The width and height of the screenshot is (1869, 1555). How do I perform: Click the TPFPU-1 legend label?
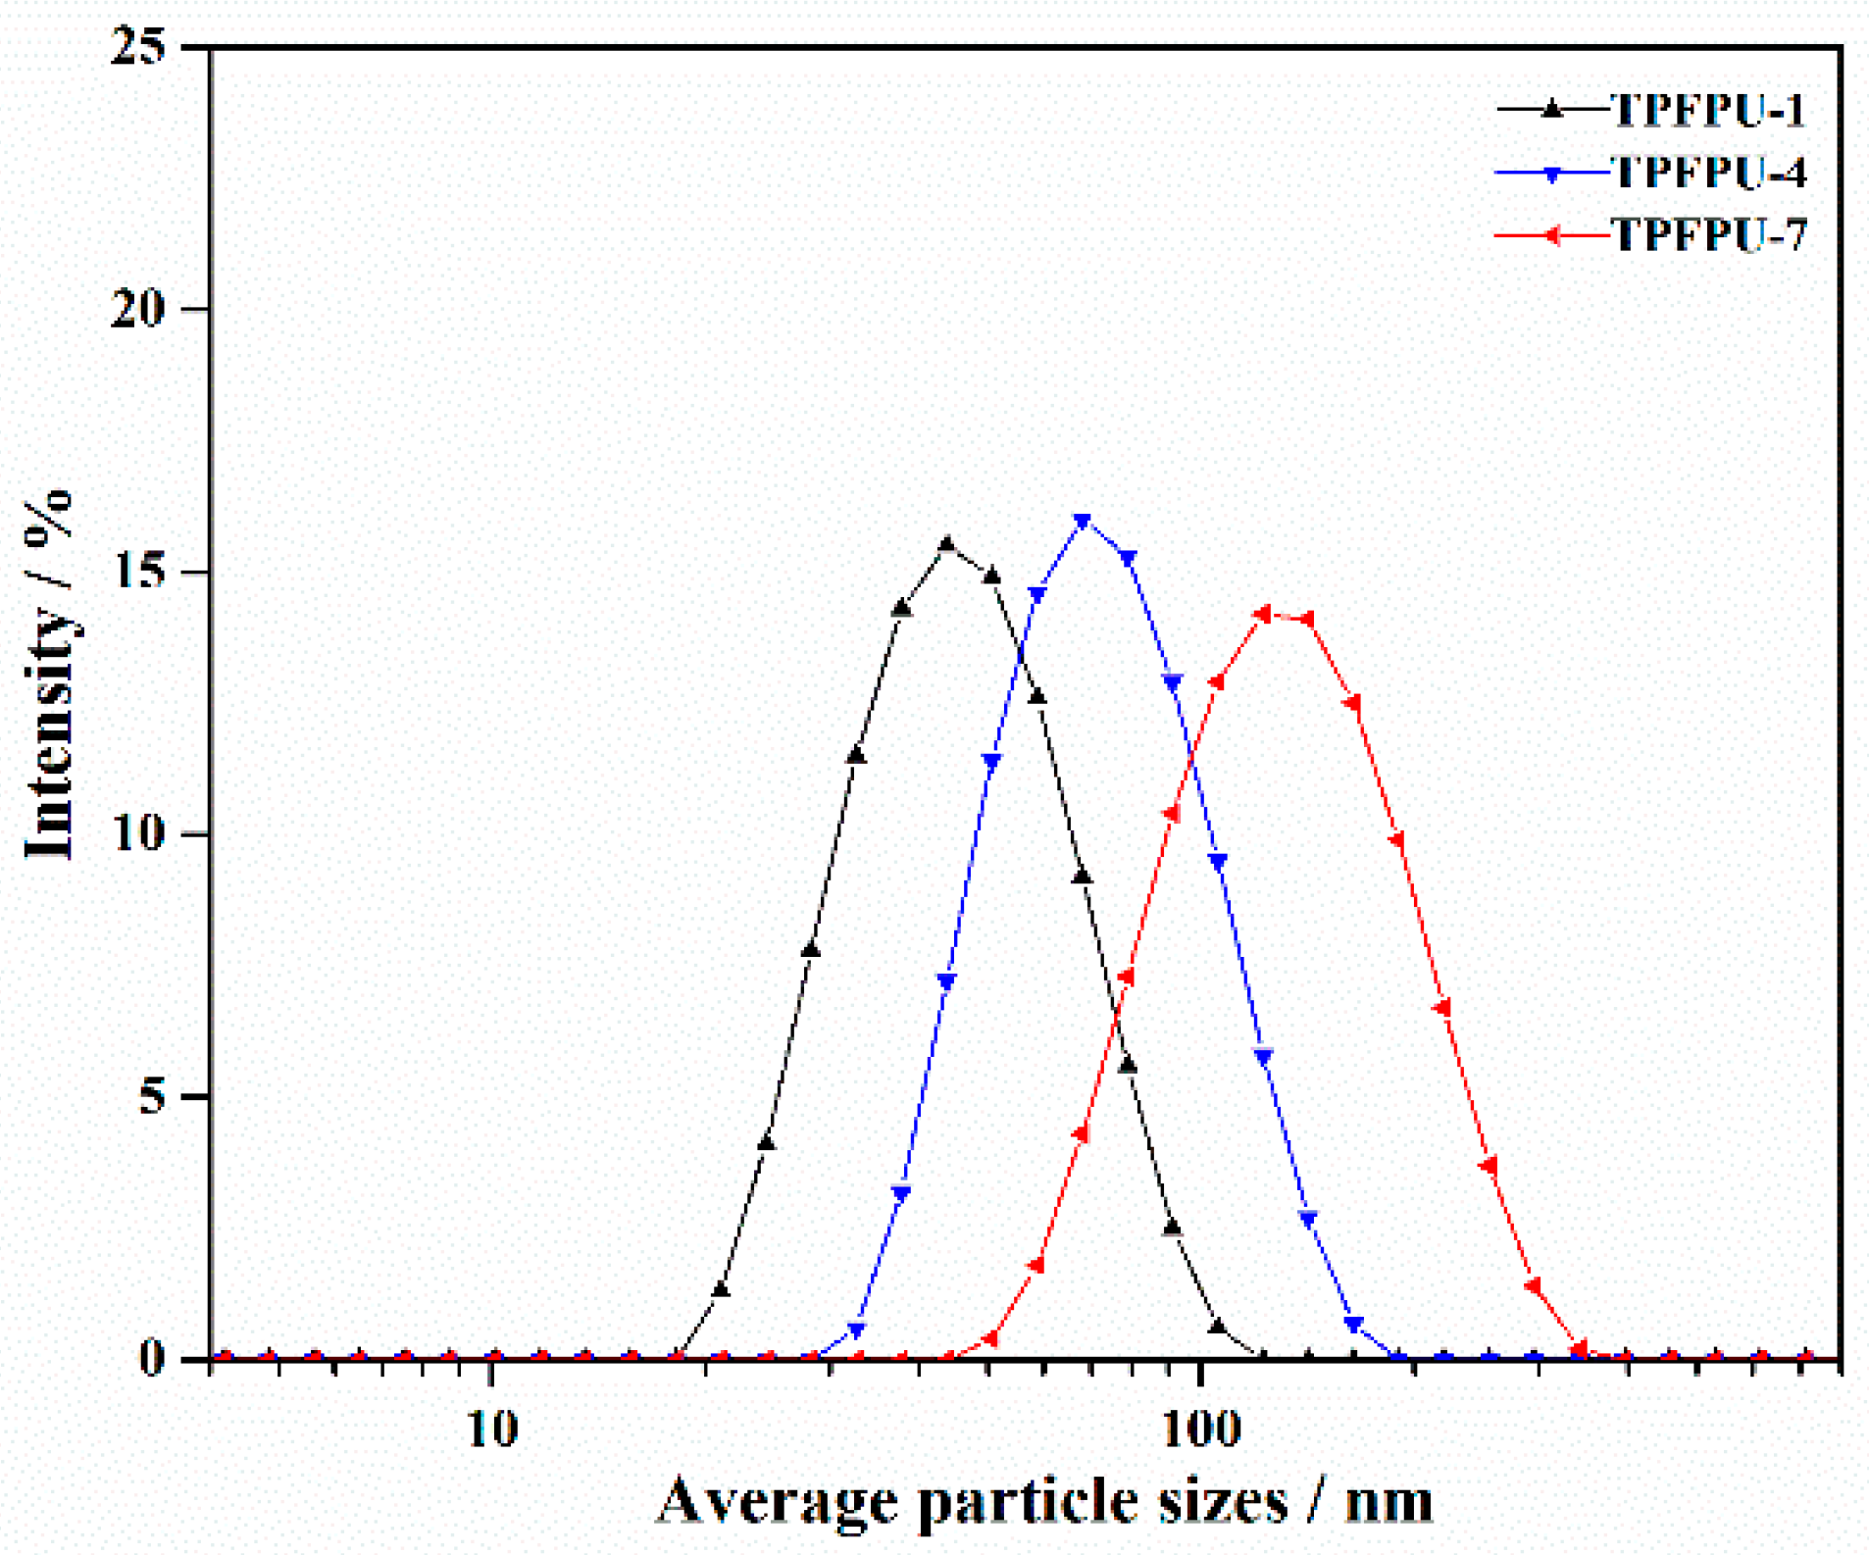pyautogui.click(x=1707, y=110)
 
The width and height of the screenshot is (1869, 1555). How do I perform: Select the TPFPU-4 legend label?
pyautogui.click(x=1707, y=173)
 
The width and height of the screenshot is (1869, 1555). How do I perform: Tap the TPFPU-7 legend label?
pyautogui.click(x=1707, y=235)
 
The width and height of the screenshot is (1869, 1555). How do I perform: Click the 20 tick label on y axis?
pyautogui.click(x=138, y=309)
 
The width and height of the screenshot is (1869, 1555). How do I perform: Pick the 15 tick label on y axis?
pyautogui.click(x=138, y=572)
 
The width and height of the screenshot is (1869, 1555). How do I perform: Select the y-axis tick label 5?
pyautogui.click(x=152, y=1096)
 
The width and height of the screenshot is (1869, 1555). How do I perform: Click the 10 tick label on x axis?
pyautogui.click(x=491, y=1430)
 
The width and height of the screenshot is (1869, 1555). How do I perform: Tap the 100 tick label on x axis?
pyautogui.click(x=1201, y=1430)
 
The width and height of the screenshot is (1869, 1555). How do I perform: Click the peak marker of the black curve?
pyautogui.click(x=946, y=544)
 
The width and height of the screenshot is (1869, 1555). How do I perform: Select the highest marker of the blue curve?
pyautogui.click(x=1083, y=522)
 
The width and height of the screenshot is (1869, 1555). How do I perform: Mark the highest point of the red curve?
pyautogui.click(x=1263, y=615)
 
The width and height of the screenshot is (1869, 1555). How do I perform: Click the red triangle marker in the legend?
pyautogui.click(x=1551, y=235)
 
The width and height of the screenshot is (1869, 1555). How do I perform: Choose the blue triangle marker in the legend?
pyautogui.click(x=1551, y=175)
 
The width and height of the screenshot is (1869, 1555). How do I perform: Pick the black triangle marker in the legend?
pyautogui.click(x=1551, y=109)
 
